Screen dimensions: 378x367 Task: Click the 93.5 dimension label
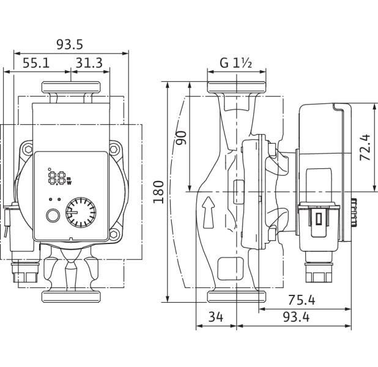tap(70, 45)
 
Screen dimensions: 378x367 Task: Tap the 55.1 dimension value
tap(36, 63)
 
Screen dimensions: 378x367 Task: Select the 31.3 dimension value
tap(89, 63)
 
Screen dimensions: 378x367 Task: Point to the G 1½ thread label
tap(236, 63)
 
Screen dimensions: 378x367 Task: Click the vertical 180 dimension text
tap(158, 191)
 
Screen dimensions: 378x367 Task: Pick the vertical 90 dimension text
tap(181, 138)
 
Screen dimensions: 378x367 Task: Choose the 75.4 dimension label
tap(302, 300)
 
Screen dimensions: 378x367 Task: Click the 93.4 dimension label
tap(296, 317)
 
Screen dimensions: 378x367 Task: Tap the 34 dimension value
tap(216, 317)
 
